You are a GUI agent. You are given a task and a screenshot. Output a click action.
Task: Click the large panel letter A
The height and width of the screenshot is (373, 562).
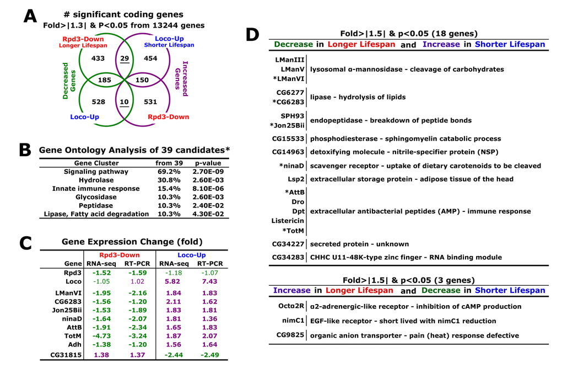30,16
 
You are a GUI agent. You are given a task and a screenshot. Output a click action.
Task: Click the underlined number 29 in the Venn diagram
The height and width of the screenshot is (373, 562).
125,58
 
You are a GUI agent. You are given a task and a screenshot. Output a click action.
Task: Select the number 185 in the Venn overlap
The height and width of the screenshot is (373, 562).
104,80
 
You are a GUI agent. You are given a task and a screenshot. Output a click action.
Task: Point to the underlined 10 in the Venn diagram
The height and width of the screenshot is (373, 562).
125,102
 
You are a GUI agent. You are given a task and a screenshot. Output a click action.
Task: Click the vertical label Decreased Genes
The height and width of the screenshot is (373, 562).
69,81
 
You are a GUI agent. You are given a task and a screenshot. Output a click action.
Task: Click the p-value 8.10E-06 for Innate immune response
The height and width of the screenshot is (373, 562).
208,189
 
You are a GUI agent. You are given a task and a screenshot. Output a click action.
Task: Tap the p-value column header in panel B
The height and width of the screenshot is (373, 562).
208,163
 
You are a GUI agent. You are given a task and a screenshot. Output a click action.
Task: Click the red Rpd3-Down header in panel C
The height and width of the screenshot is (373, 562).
119,255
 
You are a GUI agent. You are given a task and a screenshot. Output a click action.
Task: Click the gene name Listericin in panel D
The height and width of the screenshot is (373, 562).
287,221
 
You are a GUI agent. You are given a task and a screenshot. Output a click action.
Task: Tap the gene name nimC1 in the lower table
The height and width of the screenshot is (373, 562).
293,321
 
